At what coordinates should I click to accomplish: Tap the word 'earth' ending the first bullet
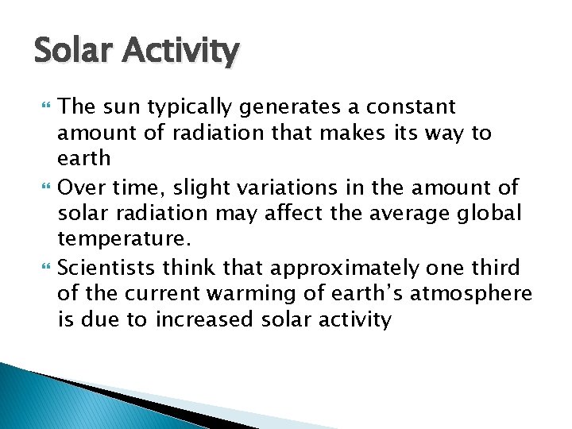click(x=84, y=158)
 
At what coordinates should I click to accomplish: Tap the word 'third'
click(x=492, y=269)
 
